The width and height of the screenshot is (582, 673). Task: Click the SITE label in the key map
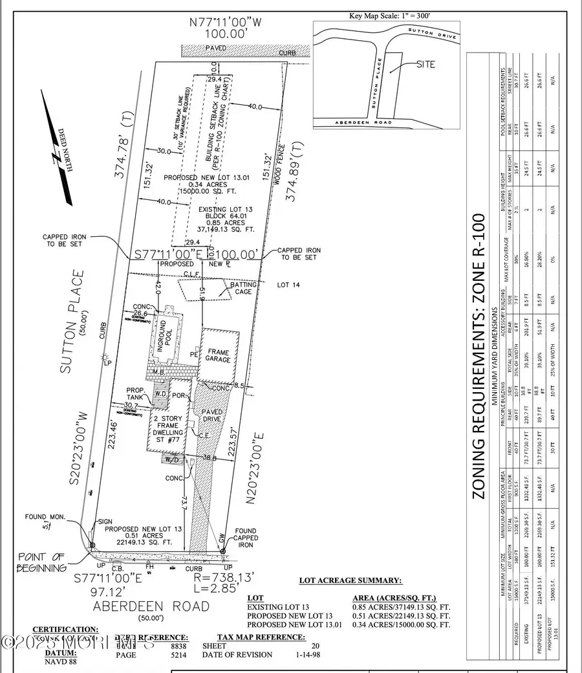click(x=426, y=64)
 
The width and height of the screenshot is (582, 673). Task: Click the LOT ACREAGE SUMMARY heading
click(x=350, y=580)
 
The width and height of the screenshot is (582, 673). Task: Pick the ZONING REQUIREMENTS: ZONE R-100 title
click(x=478, y=356)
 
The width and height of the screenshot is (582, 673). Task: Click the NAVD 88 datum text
click(x=53, y=662)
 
